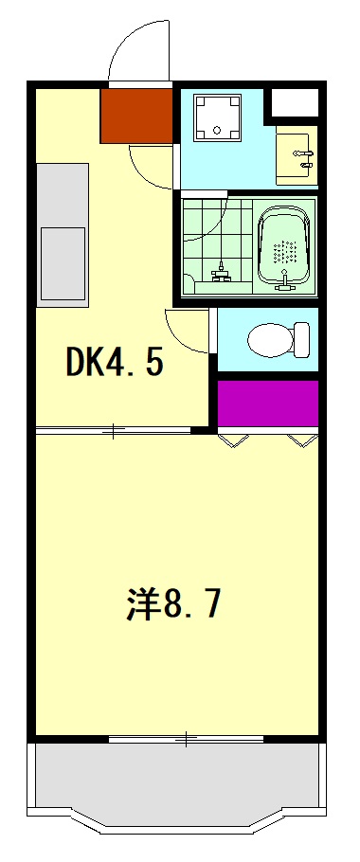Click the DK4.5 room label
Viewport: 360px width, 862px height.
[114, 361]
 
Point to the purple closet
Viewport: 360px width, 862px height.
[267, 404]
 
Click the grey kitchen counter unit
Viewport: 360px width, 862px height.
[63, 233]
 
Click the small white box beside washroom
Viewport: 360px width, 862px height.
[295, 102]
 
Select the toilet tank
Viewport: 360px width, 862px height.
[301, 338]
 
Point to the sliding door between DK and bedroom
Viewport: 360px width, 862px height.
[114, 432]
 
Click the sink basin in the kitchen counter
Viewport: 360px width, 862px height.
[63, 262]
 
